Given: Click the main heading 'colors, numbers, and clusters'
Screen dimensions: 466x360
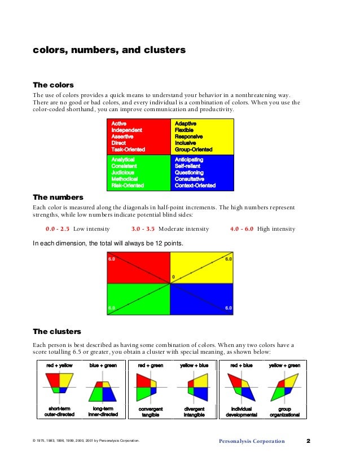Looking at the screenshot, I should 109,50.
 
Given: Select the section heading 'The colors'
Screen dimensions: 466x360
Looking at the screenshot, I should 53,85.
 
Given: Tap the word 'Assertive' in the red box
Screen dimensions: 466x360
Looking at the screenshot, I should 122,137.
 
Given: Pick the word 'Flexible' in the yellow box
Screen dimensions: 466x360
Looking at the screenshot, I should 185,130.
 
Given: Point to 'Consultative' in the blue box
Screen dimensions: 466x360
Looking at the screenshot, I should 192,179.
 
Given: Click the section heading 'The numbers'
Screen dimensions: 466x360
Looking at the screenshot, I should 58,197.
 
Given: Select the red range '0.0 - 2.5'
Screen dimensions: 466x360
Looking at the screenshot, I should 57,229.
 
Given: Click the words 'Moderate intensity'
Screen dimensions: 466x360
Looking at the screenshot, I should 183,229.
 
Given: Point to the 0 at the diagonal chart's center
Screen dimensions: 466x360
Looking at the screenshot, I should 173,277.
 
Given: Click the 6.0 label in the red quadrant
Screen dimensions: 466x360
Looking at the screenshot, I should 112,259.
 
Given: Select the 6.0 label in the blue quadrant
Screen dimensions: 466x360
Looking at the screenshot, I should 228,308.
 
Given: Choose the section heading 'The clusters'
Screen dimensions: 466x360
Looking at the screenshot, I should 57,331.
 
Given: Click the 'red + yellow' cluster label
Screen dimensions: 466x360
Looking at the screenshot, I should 59,366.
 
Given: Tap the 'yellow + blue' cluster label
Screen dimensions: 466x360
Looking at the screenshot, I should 194,366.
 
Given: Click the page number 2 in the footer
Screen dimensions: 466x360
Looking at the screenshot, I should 309,441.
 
